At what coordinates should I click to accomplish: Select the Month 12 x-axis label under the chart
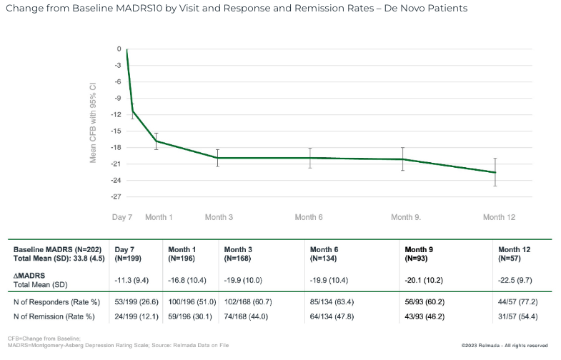499,217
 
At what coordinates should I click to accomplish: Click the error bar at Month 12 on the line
495,172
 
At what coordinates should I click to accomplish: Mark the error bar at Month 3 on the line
217,158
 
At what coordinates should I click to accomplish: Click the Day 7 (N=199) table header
126,254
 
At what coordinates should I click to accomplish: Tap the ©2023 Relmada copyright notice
505,346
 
